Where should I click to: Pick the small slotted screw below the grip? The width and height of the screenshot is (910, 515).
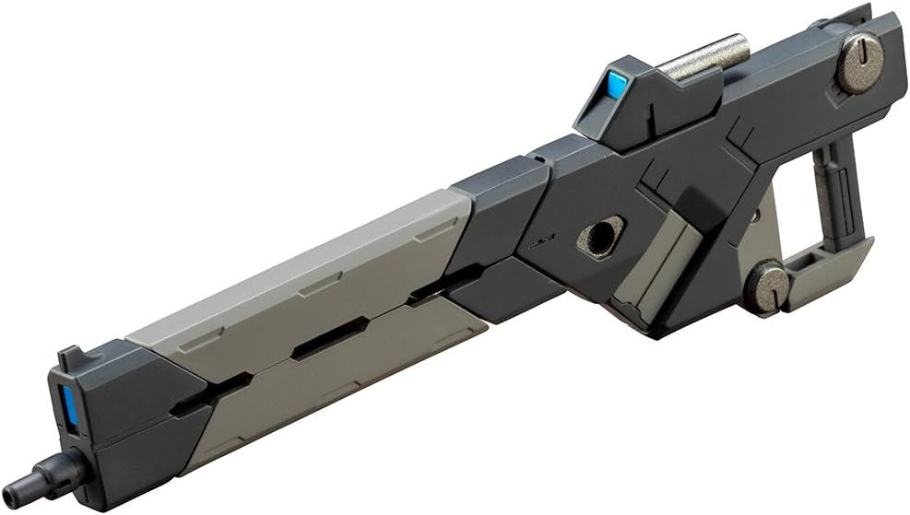[766, 286]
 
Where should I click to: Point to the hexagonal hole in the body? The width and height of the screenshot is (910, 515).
[601, 237]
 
